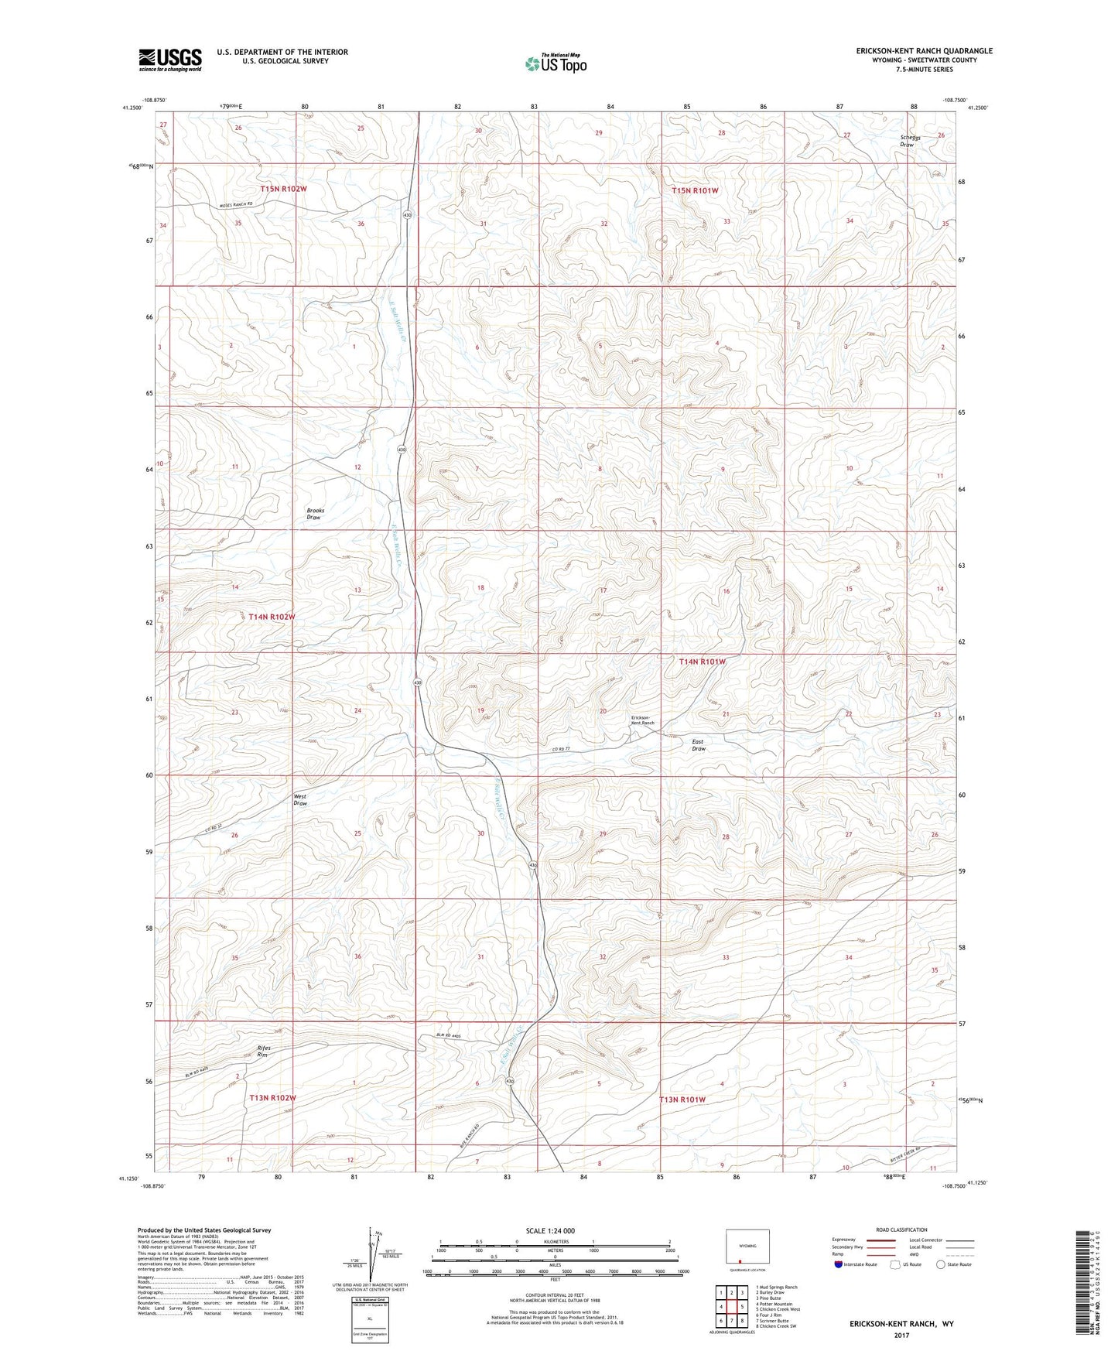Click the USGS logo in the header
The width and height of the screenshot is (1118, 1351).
(169, 59)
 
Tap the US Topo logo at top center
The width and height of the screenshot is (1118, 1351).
(554, 63)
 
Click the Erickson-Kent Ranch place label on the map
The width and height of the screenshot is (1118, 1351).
(642, 720)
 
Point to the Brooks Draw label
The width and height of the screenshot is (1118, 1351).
(314, 514)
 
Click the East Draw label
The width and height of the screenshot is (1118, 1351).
(698, 745)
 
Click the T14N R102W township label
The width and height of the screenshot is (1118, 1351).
(268, 616)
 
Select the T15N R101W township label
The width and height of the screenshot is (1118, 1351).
(695, 190)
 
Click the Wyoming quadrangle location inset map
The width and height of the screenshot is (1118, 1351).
(747, 1249)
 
